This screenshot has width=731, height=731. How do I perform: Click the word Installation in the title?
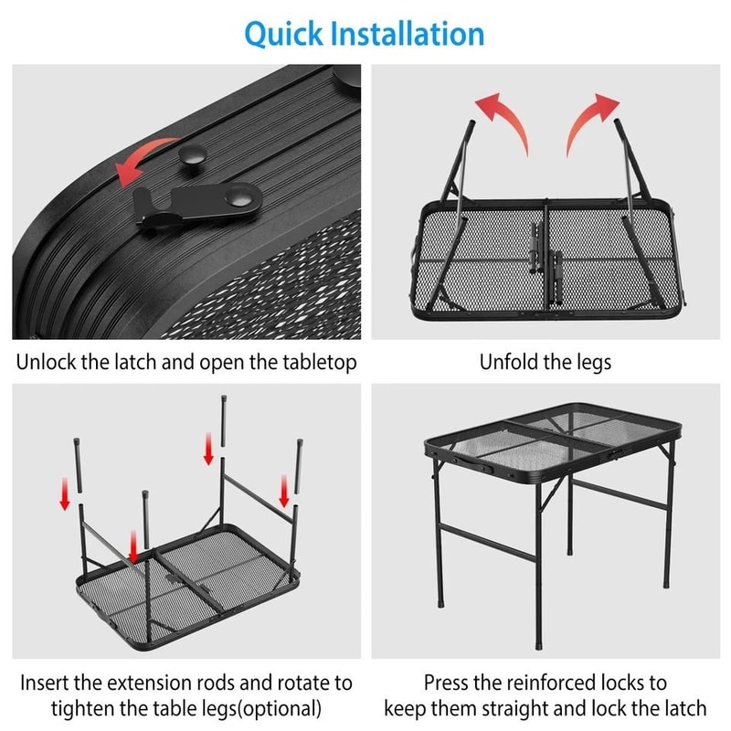[x=415, y=34]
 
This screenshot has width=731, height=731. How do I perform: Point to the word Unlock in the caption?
[x=47, y=362]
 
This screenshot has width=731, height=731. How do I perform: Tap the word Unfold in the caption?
[x=508, y=362]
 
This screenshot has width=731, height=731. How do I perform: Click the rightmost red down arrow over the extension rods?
[x=283, y=493]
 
